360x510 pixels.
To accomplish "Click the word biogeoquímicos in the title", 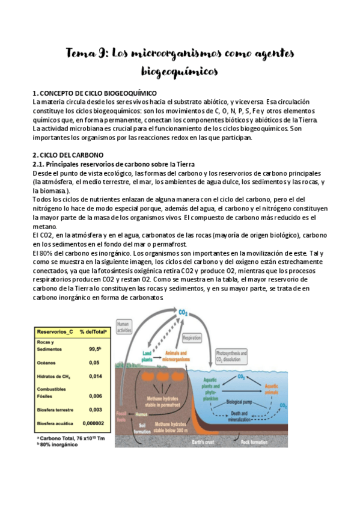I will coord(179,72).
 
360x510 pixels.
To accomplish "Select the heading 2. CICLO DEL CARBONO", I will coord(69,155).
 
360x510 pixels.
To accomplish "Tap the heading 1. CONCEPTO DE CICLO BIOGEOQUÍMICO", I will coord(94,93).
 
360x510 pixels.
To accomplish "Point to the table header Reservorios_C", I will coord(55,331).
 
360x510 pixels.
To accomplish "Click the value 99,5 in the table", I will coord(94,348).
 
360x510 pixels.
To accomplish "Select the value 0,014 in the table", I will coord(94,375).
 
